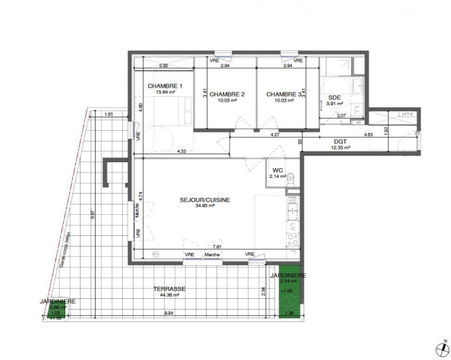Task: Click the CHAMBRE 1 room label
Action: click(165, 86)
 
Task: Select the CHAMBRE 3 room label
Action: click(282, 94)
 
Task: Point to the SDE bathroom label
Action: click(334, 97)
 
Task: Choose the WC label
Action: click(278, 170)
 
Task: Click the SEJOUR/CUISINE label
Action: click(204, 200)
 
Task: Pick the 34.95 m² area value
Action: click(205, 206)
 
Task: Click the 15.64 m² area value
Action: click(165, 93)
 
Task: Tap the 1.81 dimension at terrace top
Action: click(109, 114)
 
